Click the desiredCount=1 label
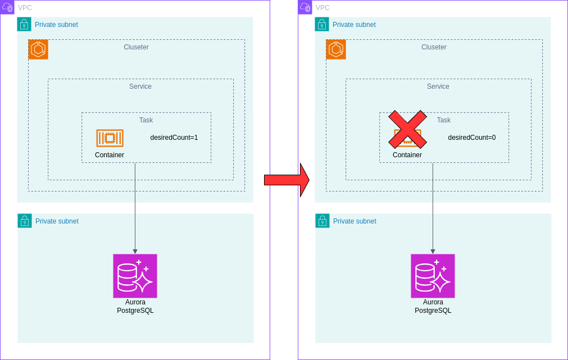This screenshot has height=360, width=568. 174,138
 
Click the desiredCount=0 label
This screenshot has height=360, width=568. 471,138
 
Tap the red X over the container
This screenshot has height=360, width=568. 407,130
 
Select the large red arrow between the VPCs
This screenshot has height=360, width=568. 287,180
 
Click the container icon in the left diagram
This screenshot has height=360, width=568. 110,138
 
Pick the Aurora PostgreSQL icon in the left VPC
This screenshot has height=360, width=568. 135,276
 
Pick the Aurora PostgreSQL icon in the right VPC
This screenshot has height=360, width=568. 433,276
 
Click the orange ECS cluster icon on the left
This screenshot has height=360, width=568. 38,49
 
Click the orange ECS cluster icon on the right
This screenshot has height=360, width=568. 336,49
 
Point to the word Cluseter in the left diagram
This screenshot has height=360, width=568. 136,47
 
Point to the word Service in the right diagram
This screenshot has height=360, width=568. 438,86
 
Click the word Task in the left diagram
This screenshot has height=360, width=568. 146,120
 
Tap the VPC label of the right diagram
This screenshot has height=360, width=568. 322,8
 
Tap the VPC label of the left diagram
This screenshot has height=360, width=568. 25,8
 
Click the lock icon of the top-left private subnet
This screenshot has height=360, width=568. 24,24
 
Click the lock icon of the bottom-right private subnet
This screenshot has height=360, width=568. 322,221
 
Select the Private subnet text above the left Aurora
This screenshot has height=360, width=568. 57,221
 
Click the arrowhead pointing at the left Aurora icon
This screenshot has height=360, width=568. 135,251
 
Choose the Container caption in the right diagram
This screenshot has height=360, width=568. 407,155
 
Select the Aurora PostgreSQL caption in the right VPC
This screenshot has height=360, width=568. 433,306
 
